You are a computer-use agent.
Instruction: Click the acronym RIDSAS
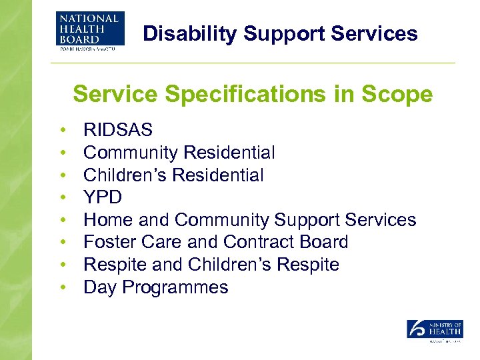(118, 130)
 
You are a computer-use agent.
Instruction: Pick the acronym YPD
(103, 197)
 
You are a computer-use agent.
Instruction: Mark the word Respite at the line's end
(309, 265)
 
